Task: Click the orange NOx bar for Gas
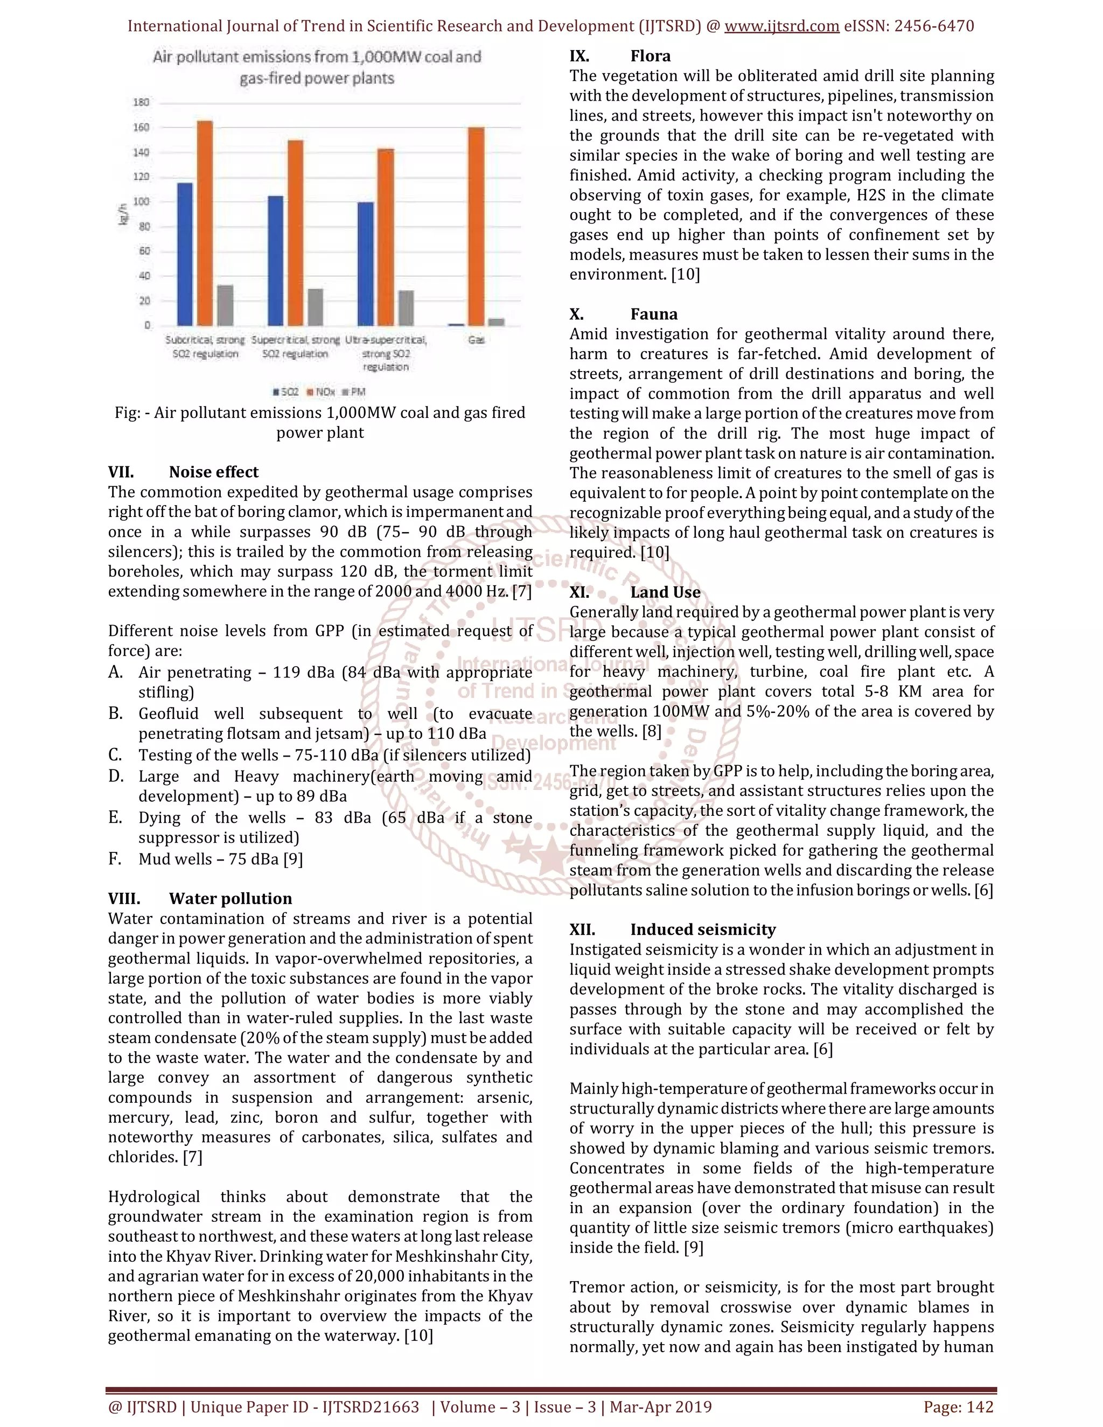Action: [476, 226]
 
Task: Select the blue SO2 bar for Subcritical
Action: [185, 254]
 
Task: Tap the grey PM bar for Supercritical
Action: [316, 307]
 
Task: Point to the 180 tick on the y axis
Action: [141, 102]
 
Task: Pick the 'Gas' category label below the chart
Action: [476, 340]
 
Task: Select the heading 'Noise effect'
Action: [213, 472]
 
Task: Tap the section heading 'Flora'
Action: [650, 56]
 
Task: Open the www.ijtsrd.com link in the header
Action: [781, 26]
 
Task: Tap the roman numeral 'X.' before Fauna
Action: [576, 314]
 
